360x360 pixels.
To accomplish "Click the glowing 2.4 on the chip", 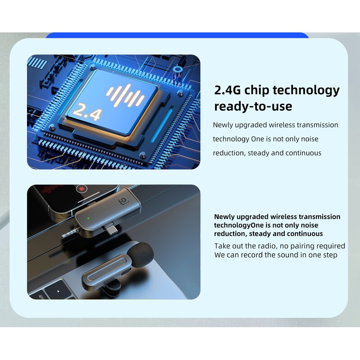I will coord(86,112).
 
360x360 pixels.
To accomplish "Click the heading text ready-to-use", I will coord(253,107).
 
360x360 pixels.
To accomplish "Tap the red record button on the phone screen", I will coord(81,189).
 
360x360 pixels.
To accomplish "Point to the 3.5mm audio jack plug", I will coord(68,234).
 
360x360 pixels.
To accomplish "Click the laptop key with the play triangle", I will coord(59,291).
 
